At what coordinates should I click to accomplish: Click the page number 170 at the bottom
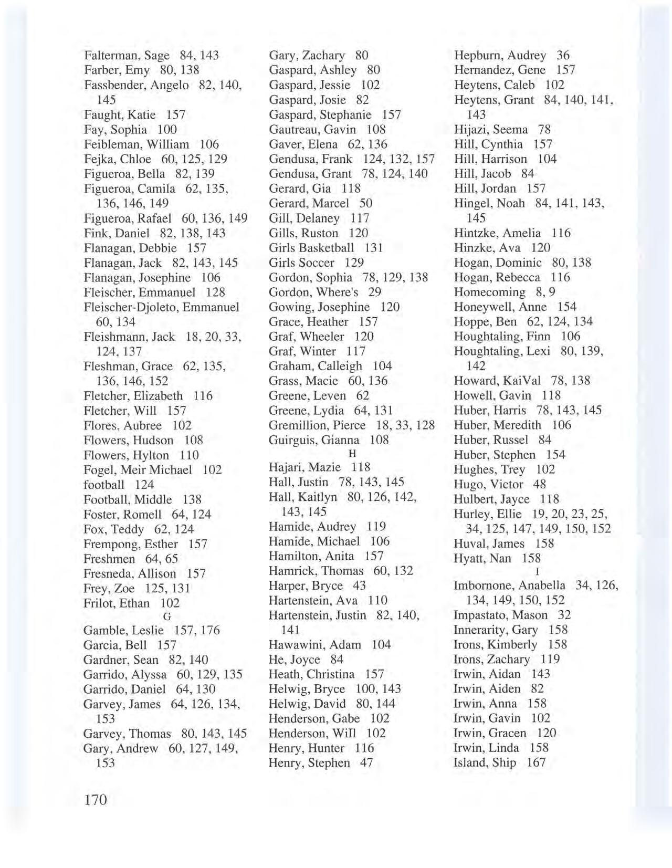click(x=95, y=800)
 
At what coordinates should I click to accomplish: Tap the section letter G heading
click(x=167, y=617)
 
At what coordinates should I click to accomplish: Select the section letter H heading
click(x=352, y=453)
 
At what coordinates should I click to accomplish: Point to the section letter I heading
click(x=537, y=571)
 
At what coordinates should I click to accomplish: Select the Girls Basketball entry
click(x=311, y=247)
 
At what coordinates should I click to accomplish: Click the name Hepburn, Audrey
click(x=500, y=55)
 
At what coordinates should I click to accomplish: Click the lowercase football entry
click(x=104, y=485)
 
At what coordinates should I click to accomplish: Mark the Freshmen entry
click(x=109, y=559)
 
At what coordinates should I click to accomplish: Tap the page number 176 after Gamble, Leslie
click(x=210, y=630)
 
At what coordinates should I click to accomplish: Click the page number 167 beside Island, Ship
click(x=536, y=762)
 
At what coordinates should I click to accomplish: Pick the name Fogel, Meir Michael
click(x=138, y=469)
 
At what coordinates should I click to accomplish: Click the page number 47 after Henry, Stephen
click(x=366, y=762)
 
